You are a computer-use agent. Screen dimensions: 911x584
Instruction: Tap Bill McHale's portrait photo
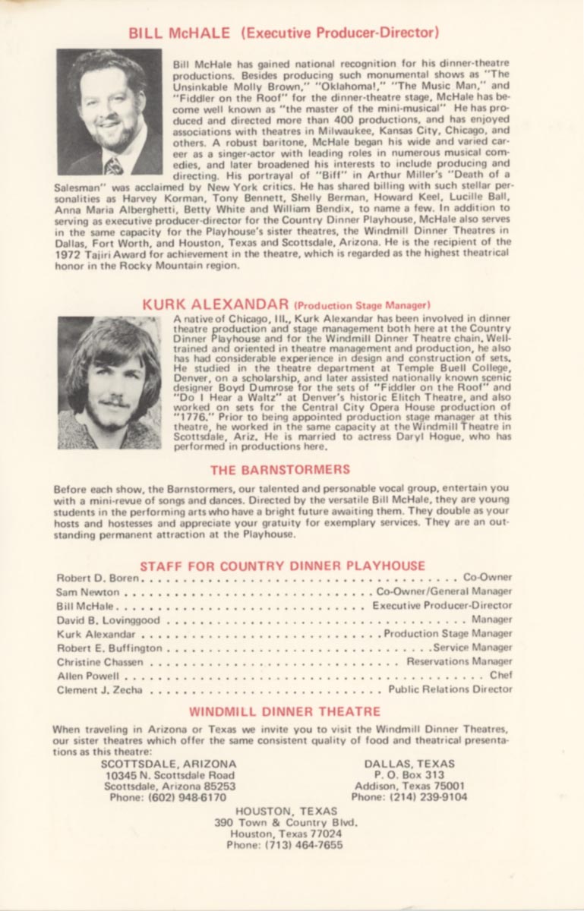pyautogui.click(x=109, y=112)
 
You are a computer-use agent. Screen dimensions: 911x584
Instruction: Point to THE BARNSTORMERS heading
pyautogui.click(x=280, y=469)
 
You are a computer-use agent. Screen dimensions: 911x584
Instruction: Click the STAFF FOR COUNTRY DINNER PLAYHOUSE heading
pyautogui.click(x=283, y=566)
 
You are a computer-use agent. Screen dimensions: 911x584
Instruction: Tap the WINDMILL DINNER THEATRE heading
pyautogui.click(x=285, y=712)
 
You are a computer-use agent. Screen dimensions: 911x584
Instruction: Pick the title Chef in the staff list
pyautogui.click(x=501, y=675)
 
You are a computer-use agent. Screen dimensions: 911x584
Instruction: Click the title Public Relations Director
pyautogui.click(x=450, y=689)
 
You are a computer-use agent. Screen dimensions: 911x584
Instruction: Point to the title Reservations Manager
pyautogui.click(x=459, y=661)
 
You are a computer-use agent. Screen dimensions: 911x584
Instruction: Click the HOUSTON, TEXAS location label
pyautogui.click(x=285, y=811)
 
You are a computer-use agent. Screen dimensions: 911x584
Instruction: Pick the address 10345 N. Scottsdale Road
pyautogui.click(x=170, y=775)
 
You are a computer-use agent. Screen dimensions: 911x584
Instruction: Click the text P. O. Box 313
pyautogui.click(x=409, y=775)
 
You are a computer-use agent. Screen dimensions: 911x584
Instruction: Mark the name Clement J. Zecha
pyautogui.click(x=99, y=690)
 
